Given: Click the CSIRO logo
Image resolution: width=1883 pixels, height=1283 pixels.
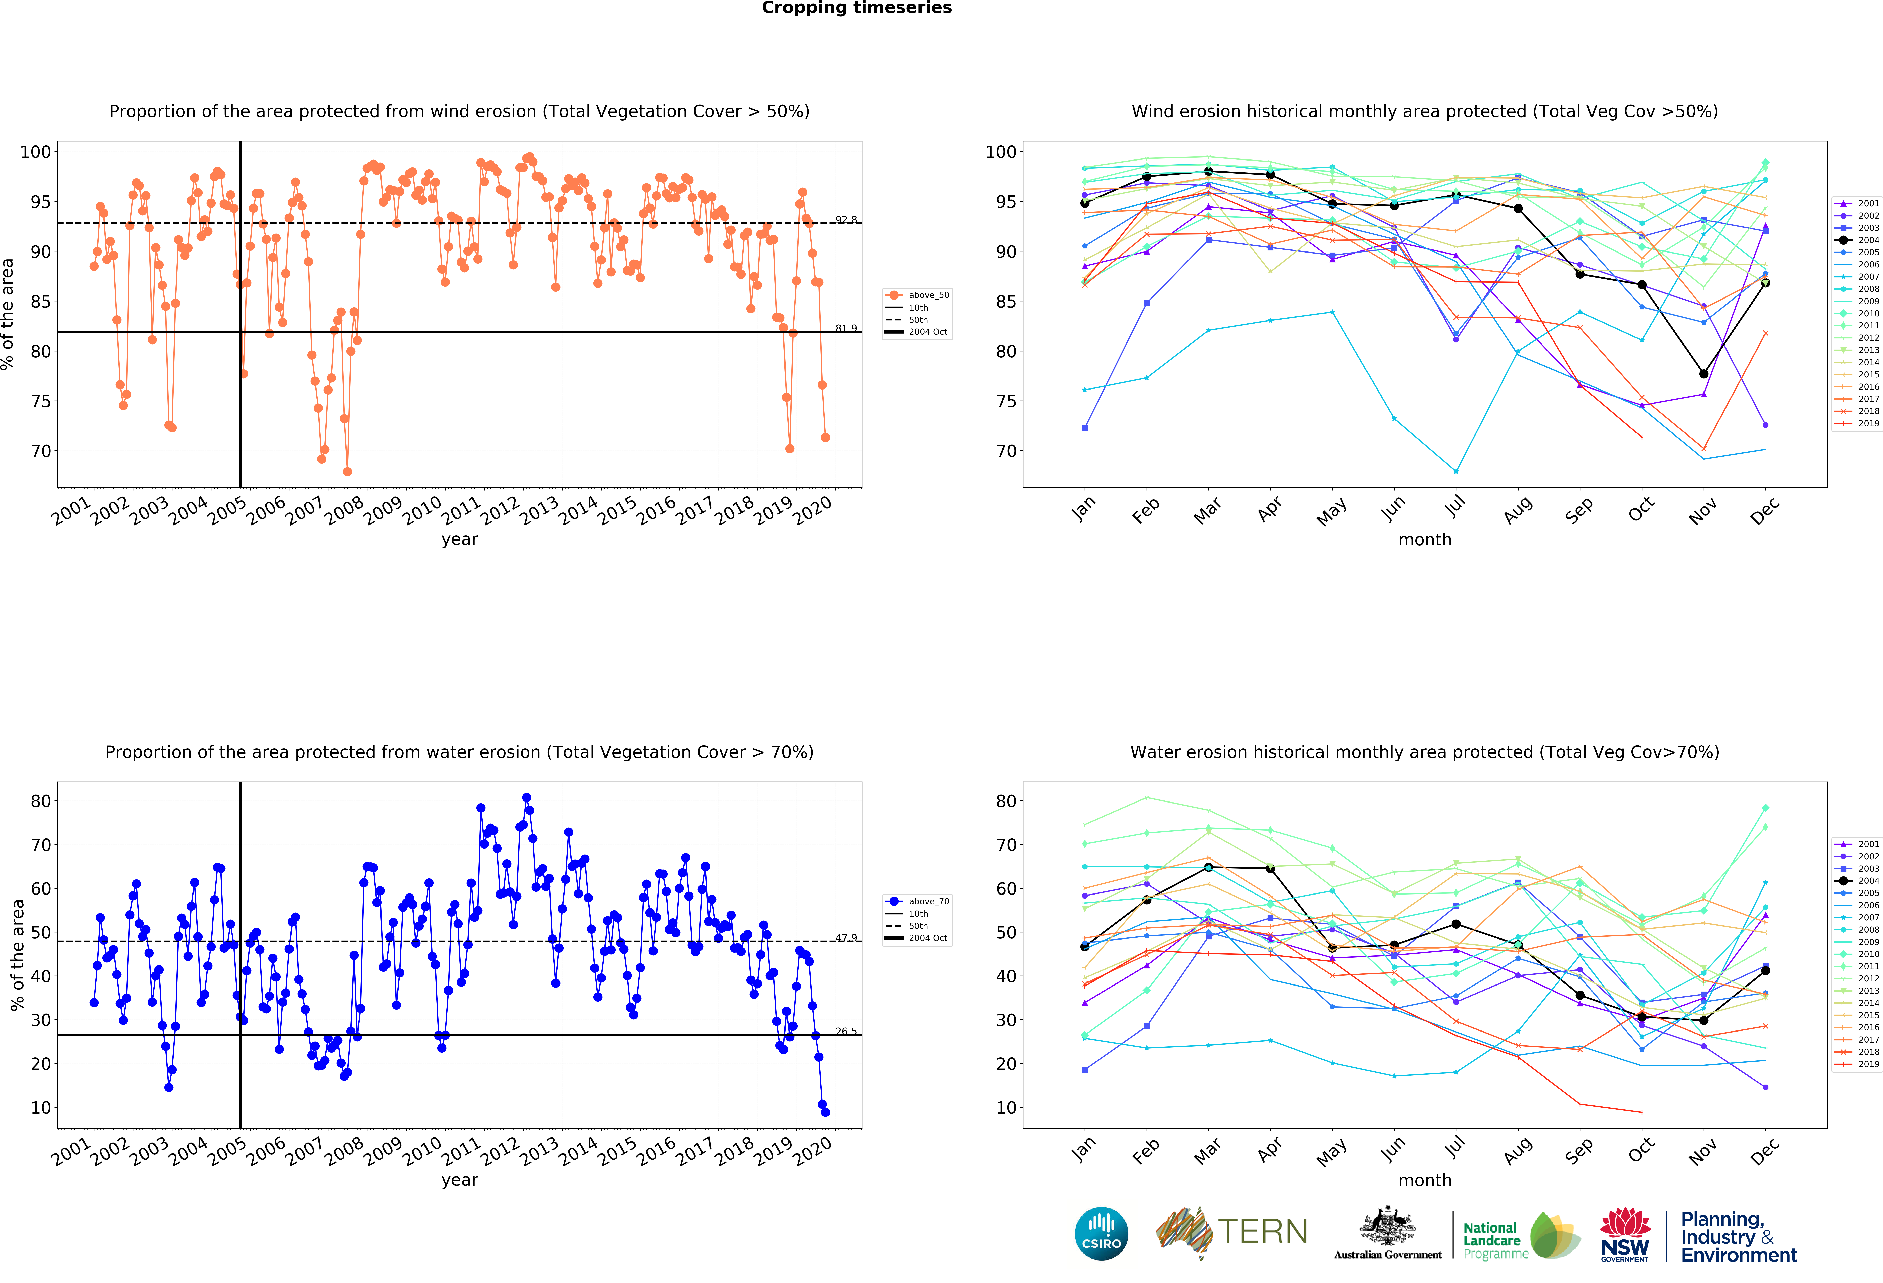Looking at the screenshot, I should (1101, 1234).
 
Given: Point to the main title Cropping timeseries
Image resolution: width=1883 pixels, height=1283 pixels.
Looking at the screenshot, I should (856, 8).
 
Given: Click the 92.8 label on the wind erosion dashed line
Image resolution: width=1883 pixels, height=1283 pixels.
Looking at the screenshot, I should (846, 220).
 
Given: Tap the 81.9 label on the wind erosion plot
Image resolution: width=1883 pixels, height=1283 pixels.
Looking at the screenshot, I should (846, 328).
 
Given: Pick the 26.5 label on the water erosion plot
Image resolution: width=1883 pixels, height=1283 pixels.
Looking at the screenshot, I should (846, 1031).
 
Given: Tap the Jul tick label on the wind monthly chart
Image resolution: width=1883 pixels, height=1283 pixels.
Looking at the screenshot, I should (1455, 507).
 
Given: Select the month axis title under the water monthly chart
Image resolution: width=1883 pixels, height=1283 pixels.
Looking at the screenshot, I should (1424, 1180).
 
